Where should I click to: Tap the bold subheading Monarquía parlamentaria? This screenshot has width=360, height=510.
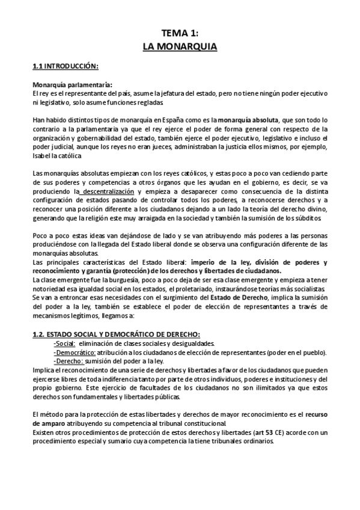(72, 85)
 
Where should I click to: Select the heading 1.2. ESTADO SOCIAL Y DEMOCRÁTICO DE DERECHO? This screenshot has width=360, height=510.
(115, 334)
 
